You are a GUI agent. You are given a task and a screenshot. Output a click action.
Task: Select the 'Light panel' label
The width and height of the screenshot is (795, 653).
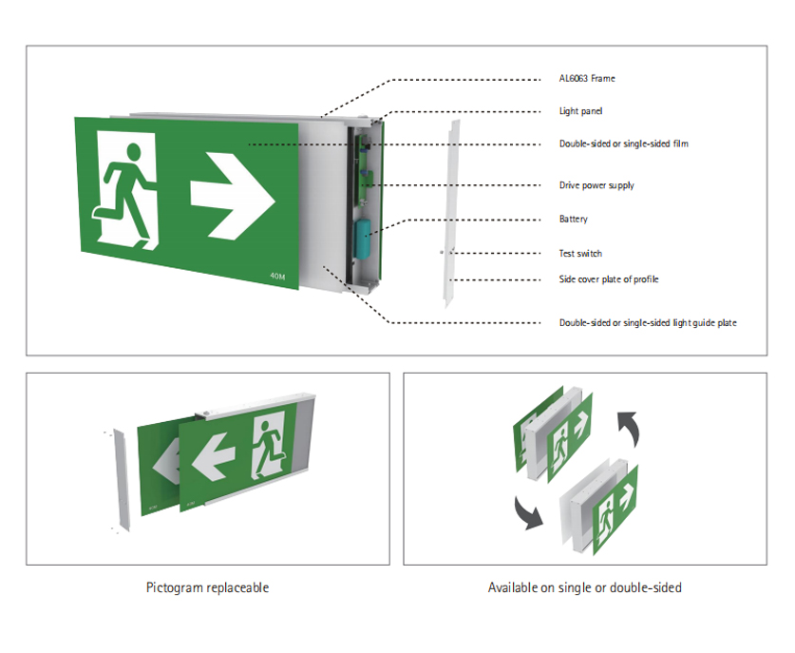point(580,111)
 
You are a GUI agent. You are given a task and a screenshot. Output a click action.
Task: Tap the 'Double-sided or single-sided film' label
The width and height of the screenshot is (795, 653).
point(623,144)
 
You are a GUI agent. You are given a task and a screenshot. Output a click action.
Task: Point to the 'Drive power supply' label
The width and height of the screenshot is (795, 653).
point(596,185)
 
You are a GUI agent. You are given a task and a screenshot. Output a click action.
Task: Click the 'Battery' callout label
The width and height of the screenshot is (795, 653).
point(574,220)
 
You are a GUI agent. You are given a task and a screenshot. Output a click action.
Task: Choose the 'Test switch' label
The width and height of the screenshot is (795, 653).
point(580,254)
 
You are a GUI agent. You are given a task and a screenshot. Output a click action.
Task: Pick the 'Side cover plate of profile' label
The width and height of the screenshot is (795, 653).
point(609,279)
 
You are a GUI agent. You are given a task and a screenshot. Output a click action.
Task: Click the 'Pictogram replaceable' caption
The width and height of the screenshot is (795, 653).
point(207,587)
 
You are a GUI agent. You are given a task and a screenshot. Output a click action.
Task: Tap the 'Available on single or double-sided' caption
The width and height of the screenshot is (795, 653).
point(584,587)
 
